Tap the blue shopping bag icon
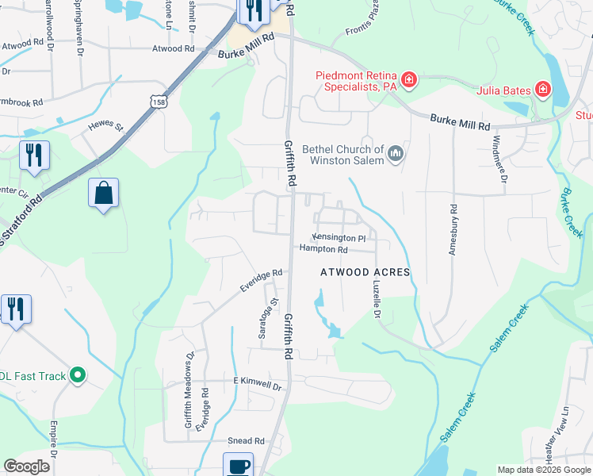click(104, 193)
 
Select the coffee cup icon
click(238, 465)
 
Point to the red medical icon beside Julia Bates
click(542, 89)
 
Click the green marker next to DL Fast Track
click(77, 375)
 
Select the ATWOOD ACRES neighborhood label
click(365, 272)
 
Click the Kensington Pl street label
click(339, 237)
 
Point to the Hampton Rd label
click(323, 249)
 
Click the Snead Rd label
click(246, 441)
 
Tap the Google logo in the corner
click(27, 466)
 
